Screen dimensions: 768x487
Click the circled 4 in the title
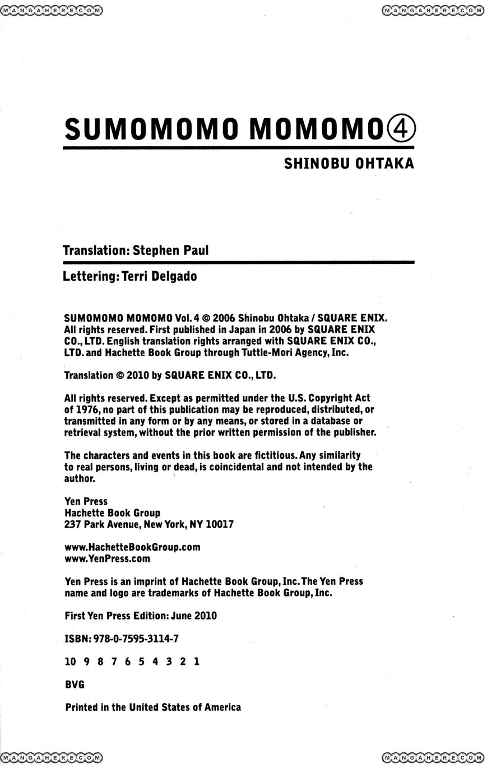click(401, 129)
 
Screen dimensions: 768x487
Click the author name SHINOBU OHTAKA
click(349, 164)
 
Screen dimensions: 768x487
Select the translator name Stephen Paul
click(170, 250)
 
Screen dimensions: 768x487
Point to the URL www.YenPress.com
click(107, 558)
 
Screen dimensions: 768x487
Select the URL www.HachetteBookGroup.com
click(132, 547)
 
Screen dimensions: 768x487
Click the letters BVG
click(75, 685)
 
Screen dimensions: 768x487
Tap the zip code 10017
click(220, 524)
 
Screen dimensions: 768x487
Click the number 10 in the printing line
click(70, 662)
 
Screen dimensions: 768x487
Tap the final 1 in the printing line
click(196, 662)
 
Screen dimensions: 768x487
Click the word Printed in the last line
click(82, 708)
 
